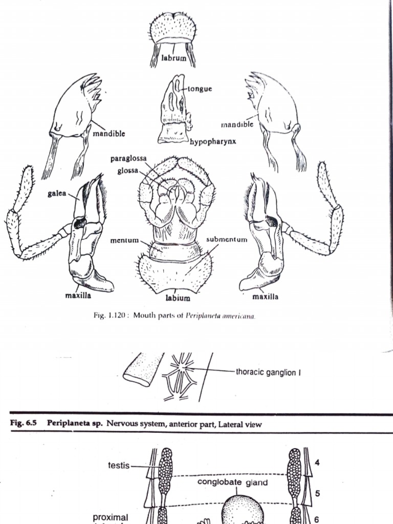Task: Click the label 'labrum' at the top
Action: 174,58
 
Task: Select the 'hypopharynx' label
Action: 213,141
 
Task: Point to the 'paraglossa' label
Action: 128,159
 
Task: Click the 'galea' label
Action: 57,195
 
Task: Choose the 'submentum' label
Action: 227,239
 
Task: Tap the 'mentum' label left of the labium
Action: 124,240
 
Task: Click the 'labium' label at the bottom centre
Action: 177,298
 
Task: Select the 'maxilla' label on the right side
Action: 266,296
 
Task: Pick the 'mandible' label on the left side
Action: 109,134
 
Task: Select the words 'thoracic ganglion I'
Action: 268,372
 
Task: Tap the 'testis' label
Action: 118,466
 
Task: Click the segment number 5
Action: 317,494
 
